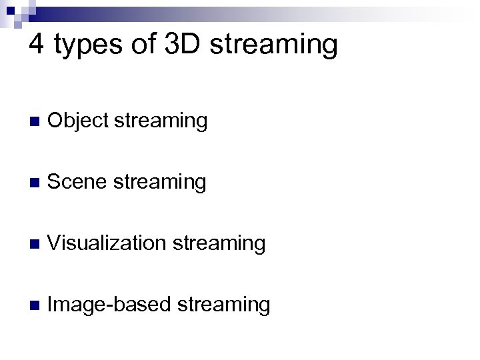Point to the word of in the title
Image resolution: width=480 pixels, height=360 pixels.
tap(143, 45)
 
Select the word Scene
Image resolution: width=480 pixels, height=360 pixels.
tap(77, 181)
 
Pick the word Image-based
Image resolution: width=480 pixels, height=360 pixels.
tap(110, 305)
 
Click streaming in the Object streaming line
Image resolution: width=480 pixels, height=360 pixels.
tap(161, 122)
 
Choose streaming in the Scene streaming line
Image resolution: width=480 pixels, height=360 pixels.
tap(159, 183)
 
